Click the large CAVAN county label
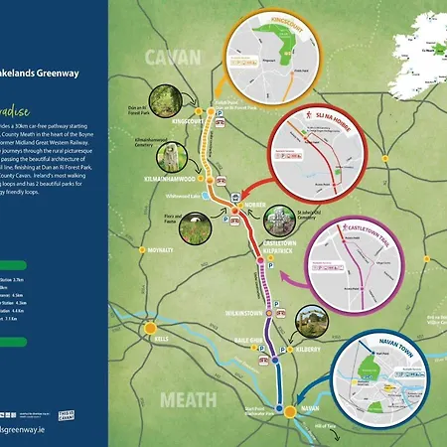[x=174, y=58]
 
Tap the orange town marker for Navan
[x=288, y=410]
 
